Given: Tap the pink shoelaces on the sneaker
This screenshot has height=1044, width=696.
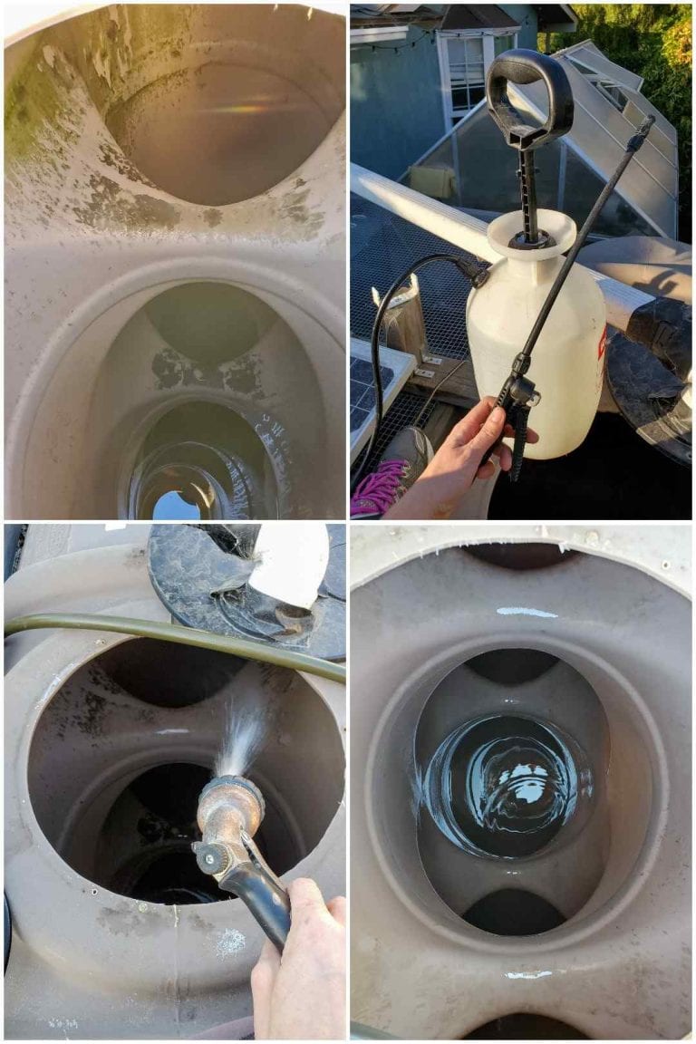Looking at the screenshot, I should pos(376,489).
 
